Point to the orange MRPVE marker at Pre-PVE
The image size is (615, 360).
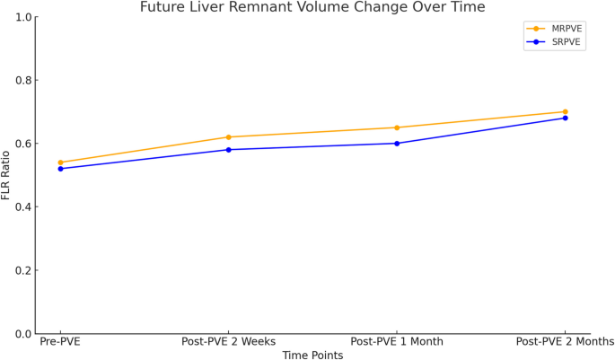[x=60, y=162]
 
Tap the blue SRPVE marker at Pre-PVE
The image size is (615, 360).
[x=60, y=169]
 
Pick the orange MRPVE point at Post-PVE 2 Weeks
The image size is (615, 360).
[x=228, y=137]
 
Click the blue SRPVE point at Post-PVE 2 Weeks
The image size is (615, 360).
[x=228, y=150]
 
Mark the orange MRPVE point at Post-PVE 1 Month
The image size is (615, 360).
[x=397, y=127]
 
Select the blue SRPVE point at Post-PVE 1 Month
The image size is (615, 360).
[x=397, y=144]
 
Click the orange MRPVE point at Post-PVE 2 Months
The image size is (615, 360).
[x=565, y=112]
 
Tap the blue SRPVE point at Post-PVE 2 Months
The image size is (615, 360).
[x=565, y=119]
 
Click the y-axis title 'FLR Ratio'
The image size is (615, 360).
[x=7, y=175]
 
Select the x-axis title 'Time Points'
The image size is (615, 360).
[x=312, y=355]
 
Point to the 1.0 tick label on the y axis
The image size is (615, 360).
[x=21, y=17]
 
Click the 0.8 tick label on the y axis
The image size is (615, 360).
[x=21, y=81]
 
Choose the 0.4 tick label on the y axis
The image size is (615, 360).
[x=21, y=207]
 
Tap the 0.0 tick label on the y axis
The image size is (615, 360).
[x=21, y=334]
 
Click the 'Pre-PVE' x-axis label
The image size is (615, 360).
[x=60, y=342]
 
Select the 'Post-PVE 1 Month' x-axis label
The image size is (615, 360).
[x=397, y=342]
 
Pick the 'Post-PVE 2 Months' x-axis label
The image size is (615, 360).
[x=565, y=342]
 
